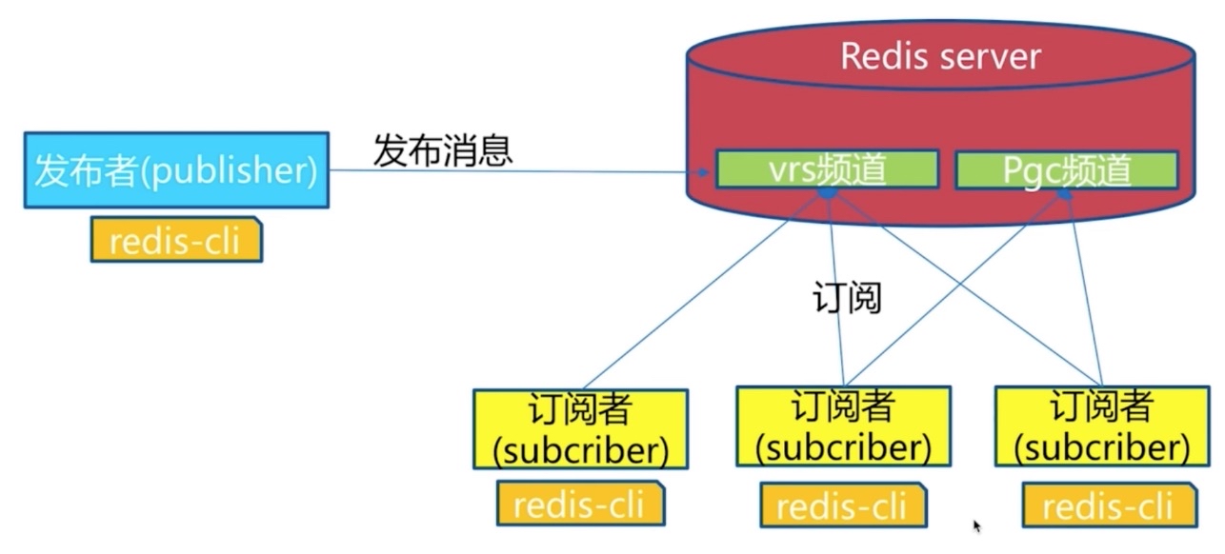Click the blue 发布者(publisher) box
tap(176, 170)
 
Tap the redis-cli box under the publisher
tap(176, 241)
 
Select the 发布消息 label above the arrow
tap(443, 150)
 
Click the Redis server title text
tap(940, 56)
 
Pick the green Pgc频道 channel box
tap(1066, 170)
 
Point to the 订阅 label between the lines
tap(847, 298)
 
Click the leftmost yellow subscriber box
tap(580, 428)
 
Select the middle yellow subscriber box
tap(842, 425)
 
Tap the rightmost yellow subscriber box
tap(1102, 425)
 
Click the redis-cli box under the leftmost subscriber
tap(580, 504)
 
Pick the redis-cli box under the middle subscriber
tap(842, 505)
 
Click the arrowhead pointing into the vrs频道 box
tap(705, 173)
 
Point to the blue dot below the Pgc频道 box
tap(1065, 194)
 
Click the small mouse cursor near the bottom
tap(977, 524)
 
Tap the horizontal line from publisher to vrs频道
tap(514, 172)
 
